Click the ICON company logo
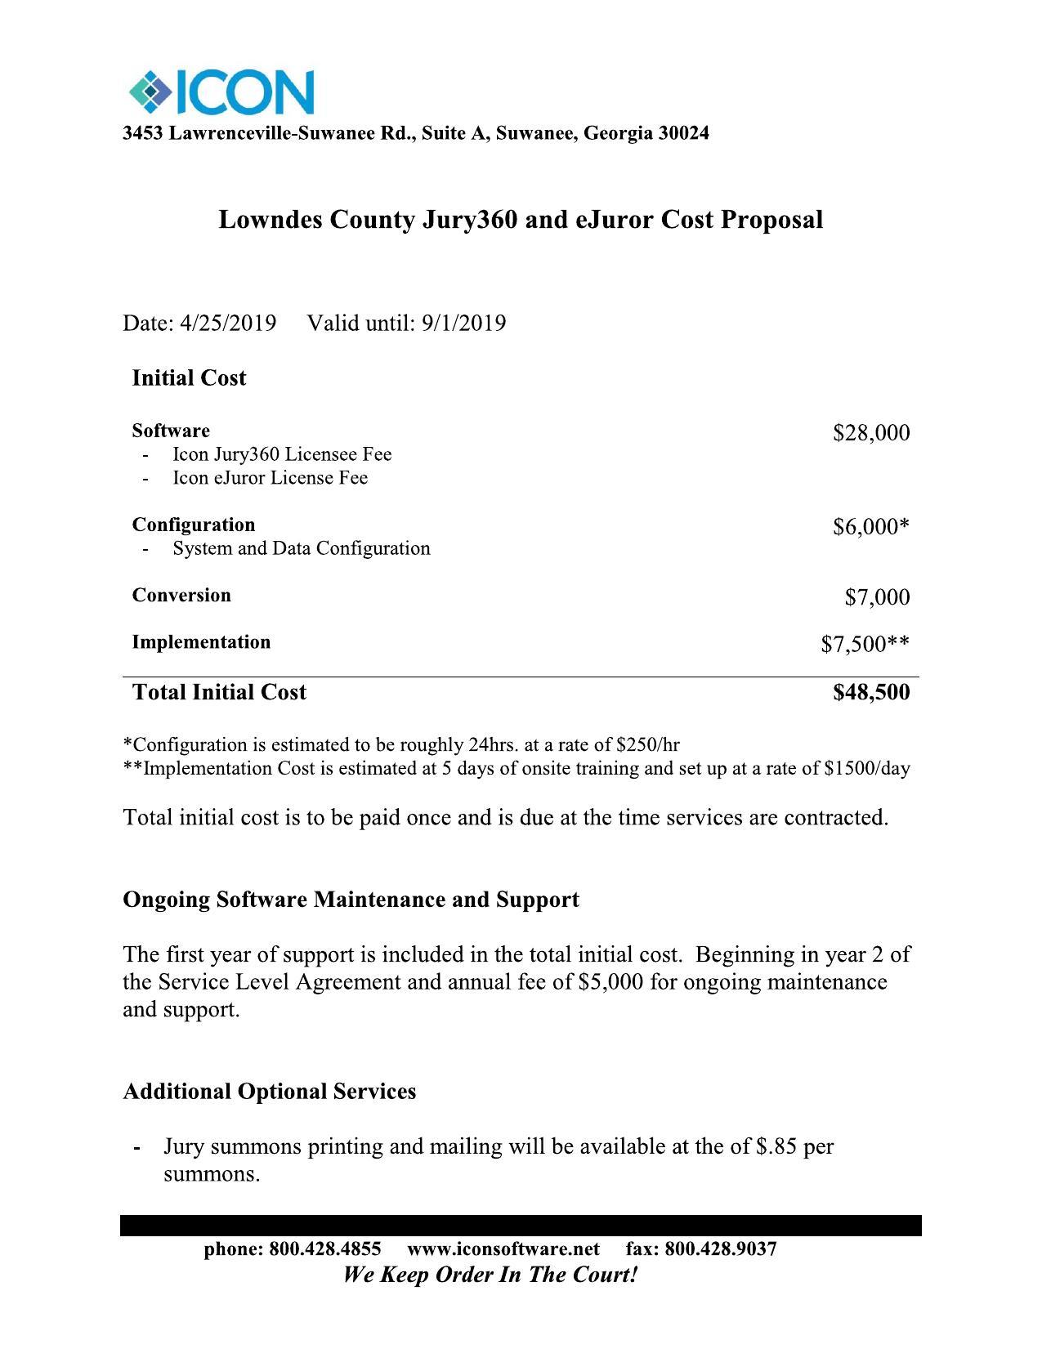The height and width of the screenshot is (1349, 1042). (x=221, y=92)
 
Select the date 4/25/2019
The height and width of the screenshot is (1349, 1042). (x=228, y=324)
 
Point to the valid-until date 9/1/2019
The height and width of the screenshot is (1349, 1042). (x=463, y=324)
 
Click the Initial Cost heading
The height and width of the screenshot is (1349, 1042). (x=189, y=378)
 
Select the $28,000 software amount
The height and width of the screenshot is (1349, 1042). (x=870, y=433)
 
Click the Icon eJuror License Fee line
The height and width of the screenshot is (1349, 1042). (x=270, y=478)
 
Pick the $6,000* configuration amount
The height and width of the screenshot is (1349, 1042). (x=870, y=527)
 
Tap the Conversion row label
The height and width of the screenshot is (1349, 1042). (x=181, y=596)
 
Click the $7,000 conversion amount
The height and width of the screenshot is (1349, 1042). (x=876, y=597)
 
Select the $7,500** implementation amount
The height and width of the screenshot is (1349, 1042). (x=865, y=645)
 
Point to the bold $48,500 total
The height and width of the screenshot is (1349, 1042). (x=870, y=693)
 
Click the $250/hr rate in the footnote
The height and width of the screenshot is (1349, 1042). (x=647, y=745)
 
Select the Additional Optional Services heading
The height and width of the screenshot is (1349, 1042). (x=269, y=1092)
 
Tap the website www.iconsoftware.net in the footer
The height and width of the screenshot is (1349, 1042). (x=503, y=1249)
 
